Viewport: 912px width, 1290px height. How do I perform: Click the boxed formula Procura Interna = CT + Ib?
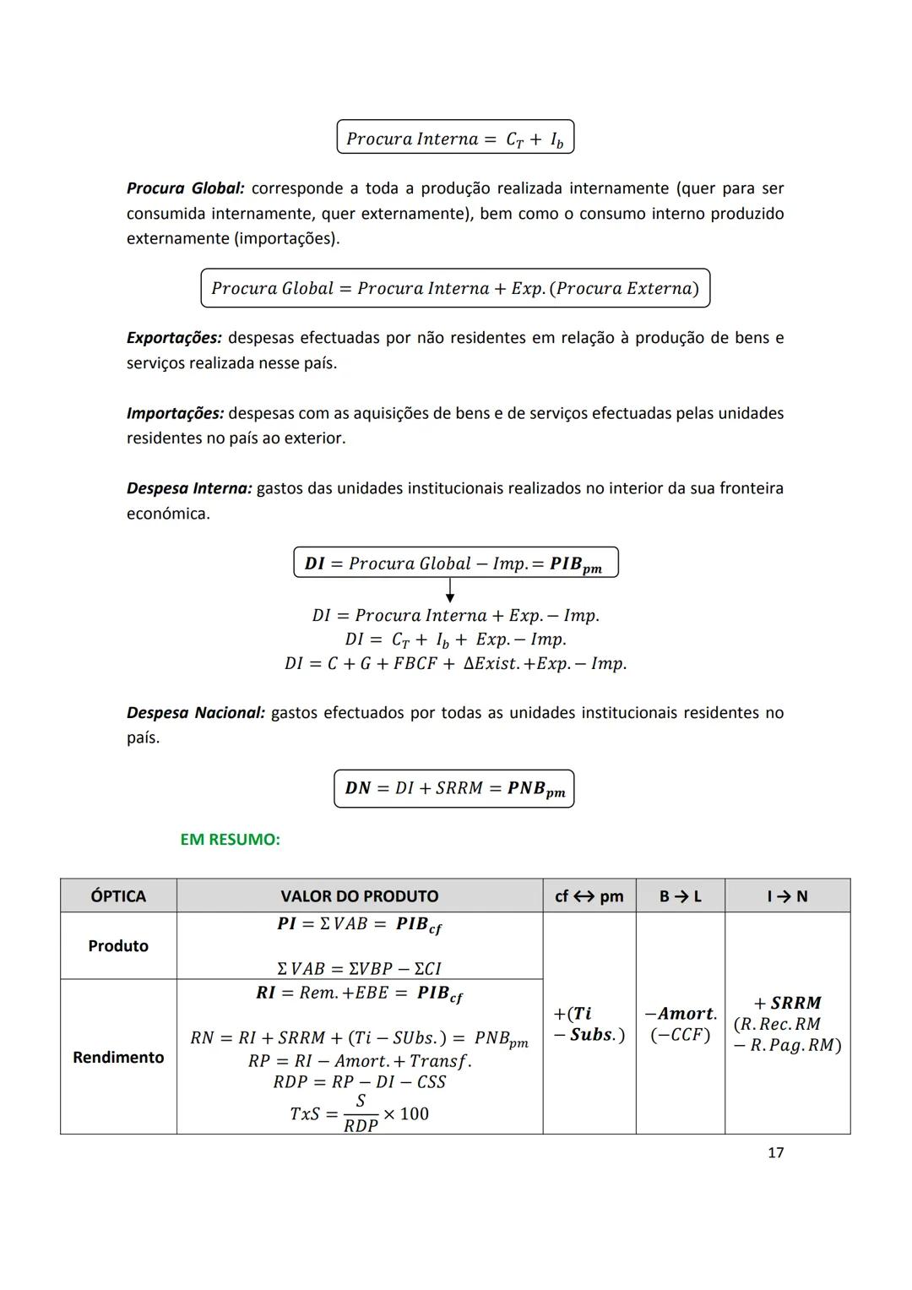[x=455, y=138]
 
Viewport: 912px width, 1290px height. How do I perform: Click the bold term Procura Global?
[x=185, y=188]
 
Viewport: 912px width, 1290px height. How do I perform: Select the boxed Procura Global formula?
[x=455, y=288]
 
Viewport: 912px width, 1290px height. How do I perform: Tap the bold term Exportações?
[x=174, y=338]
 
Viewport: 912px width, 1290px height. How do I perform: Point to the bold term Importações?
[x=175, y=414]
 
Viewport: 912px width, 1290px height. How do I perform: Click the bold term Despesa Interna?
[x=189, y=489]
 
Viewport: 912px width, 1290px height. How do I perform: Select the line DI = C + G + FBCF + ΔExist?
[x=455, y=664]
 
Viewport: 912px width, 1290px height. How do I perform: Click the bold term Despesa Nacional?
[x=195, y=713]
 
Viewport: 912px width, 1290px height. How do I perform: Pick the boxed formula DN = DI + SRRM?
[x=454, y=789]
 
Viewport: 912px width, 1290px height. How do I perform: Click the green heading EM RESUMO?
[x=230, y=840]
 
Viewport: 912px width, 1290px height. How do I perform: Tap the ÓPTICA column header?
[x=118, y=896]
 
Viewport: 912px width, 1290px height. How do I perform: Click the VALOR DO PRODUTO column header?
[x=360, y=896]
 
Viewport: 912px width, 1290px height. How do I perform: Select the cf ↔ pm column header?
[x=589, y=896]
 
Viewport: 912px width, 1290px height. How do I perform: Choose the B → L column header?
[x=680, y=896]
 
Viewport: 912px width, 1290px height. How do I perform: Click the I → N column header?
[x=787, y=896]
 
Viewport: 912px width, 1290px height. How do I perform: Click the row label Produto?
[x=118, y=946]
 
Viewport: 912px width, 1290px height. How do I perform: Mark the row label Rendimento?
[x=118, y=1058]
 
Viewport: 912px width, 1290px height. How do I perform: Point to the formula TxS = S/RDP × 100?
[x=360, y=1114]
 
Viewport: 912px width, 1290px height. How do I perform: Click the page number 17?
[x=775, y=1153]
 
